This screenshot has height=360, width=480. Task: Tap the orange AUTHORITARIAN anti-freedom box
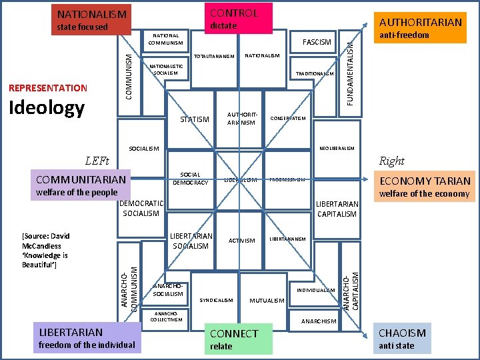pyautogui.click(x=419, y=28)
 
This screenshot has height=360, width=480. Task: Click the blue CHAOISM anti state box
pyautogui.click(x=402, y=339)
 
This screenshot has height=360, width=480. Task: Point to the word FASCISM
pyautogui.click(x=317, y=42)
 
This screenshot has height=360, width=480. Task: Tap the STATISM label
pyautogui.click(x=195, y=119)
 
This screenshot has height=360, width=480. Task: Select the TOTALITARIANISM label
pyautogui.click(x=214, y=56)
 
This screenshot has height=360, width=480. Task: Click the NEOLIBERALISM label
pyautogui.click(x=337, y=148)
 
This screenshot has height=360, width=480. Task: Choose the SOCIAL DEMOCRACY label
pyautogui.click(x=191, y=179)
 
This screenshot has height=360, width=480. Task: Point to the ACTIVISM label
pyautogui.click(x=241, y=241)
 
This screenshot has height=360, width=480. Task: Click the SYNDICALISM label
pyautogui.click(x=217, y=300)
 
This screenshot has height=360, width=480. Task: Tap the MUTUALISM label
pyautogui.click(x=267, y=301)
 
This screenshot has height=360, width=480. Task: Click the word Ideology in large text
pyautogui.click(x=46, y=107)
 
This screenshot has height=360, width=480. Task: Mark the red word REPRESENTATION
pyautogui.click(x=48, y=88)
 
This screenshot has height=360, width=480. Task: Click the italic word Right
pyautogui.click(x=391, y=161)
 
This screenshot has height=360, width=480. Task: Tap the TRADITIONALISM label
pyautogui.click(x=315, y=74)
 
